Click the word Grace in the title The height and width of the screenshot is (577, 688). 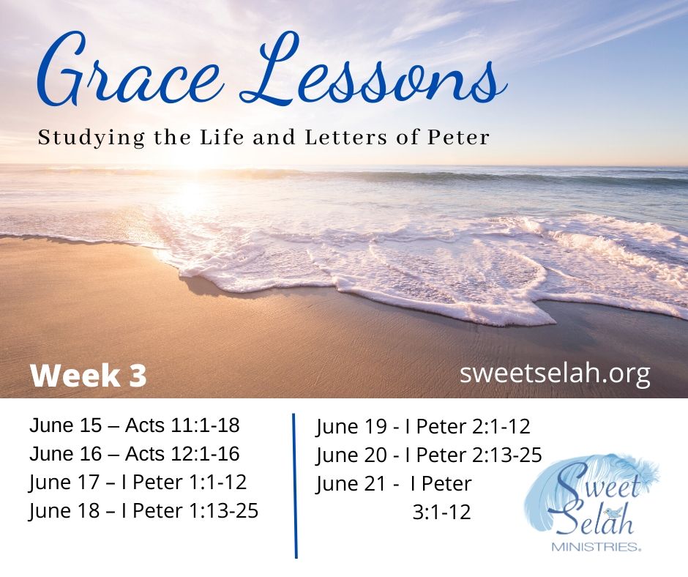pyautogui.click(x=127, y=70)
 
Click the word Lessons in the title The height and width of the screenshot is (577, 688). pyautogui.click(x=373, y=70)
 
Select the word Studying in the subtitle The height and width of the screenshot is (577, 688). pyautogui.click(x=91, y=138)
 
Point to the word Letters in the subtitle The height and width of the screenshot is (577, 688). pyautogui.click(x=345, y=137)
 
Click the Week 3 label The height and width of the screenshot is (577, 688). pyautogui.click(x=88, y=376)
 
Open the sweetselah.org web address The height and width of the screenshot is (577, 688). pyautogui.click(x=555, y=374)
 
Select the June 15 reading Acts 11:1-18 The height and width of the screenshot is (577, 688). pyautogui.click(x=135, y=425)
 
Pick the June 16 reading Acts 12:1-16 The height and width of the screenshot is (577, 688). pyautogui.click(x=135, y=453)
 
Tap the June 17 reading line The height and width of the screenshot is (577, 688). pyautogui.click(x=138, y=482)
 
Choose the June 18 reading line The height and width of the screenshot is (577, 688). pyautogui.click(x=144, y=510)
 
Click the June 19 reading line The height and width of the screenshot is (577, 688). pyautogui.click(x=423, y=427)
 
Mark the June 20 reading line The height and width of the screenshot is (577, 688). pyautogui.click(x=429, y=455)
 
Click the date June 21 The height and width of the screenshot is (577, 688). pyautogui.click(x=351, y=484)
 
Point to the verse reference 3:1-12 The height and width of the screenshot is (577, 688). pyautogui.click(x=442, y=512)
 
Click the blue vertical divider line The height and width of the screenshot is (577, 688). pyautogui.click(x=295, y=485)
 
